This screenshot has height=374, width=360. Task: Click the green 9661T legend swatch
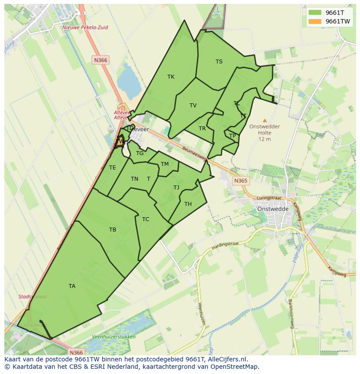(314, 12)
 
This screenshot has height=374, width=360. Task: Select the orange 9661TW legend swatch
(314, 21)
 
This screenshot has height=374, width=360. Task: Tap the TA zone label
(72, 286)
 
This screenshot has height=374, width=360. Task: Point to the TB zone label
(113, 229)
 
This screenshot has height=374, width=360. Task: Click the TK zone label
(171, 77)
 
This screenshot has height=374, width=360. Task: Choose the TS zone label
(219, 62)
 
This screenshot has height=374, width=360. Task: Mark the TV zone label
(193, 106)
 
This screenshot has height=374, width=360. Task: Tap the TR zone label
(202, 129)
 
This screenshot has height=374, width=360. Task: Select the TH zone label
(188, 204)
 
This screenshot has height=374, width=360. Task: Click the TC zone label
(146, 219)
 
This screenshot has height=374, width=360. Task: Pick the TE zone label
(113, 168)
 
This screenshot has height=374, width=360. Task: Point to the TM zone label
(165, 164)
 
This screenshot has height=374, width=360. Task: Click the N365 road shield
(240, 181)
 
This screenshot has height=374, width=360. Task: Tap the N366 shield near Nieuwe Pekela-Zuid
(100, 60)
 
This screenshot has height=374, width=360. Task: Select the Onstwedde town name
(273, 209)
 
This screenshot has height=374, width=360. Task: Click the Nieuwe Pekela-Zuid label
(85, 27)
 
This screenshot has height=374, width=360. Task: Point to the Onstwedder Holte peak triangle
(265, 121)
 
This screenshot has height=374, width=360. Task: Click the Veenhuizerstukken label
(114, 337)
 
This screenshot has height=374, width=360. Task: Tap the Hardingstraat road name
(226, 245)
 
